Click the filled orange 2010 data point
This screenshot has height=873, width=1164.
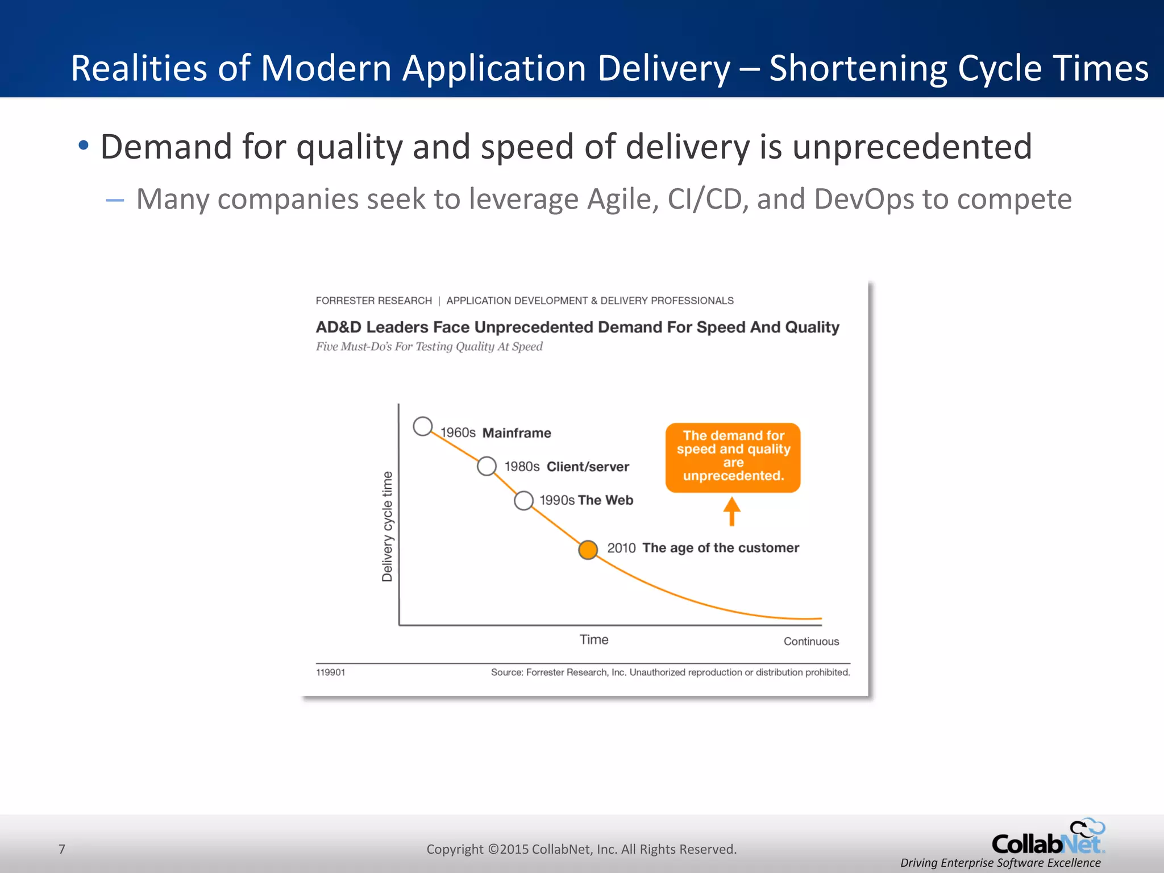(x=588, y=550)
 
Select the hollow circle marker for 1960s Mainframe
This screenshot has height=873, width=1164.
(x=422, y=426)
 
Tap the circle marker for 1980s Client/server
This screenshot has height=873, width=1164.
(x=487, y=466)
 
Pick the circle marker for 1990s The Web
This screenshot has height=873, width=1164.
(x=523, y=501)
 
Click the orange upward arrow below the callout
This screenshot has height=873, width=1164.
(x=731, y=511)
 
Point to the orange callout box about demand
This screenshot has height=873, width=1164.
(x=733, y=457)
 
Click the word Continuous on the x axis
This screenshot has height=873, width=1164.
(x=811, y=641)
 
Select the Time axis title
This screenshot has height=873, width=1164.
(x=594, y=639)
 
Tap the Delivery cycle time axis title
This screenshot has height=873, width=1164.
(x=387, y=526)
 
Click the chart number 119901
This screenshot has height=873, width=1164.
(x=330, y=672)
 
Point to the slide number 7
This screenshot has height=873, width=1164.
(x=62, y=849)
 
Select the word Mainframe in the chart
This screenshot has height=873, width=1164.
(x=517, y=433)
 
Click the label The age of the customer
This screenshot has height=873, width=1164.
(x=720, y=548)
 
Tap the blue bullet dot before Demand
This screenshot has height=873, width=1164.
(x=84, y=145)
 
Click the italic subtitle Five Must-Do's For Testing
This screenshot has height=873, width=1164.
(x=429, y=347)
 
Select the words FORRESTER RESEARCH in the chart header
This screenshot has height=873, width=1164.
(x=373, y=301)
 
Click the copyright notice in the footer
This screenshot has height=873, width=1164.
(x=581, y=849)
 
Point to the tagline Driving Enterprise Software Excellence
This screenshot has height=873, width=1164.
(x=1000, y=863)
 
